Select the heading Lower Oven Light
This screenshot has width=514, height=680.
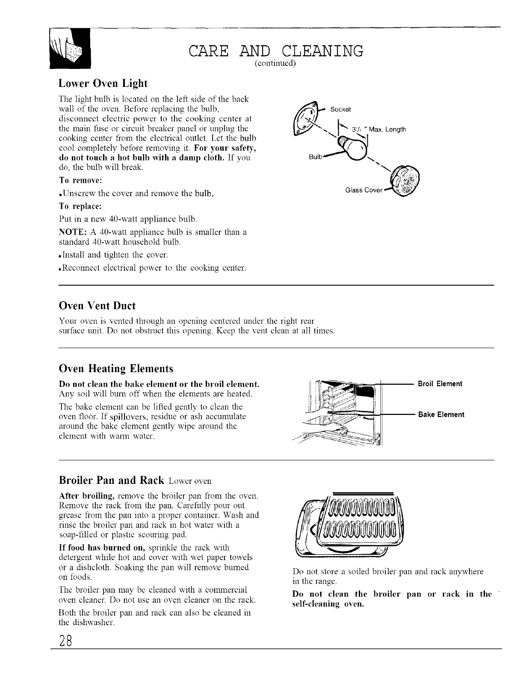103,83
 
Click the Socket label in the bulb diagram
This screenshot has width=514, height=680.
341,109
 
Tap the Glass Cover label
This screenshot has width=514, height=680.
363,191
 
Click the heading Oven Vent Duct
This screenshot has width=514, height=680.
97,306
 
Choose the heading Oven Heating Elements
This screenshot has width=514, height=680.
115,368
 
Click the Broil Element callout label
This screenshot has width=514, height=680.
440,384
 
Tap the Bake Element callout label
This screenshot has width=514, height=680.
441,415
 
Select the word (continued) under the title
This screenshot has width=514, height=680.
275,63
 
